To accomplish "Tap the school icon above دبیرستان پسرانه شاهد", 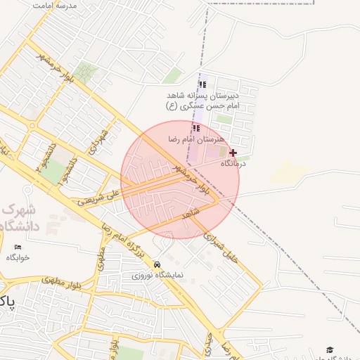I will (x=202, y=85).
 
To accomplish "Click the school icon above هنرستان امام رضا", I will (x=196, y=129).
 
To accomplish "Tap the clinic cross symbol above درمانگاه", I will (x=233, y=153).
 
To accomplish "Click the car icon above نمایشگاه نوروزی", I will (x=156, y=264).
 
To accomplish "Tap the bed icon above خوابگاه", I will (x=18, y=247).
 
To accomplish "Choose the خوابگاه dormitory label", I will (x=18, y=257).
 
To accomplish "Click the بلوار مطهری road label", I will (x=62, y=281).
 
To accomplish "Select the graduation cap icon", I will (x=330, y=349).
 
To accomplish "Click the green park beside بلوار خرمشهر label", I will (x=86, y=72).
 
